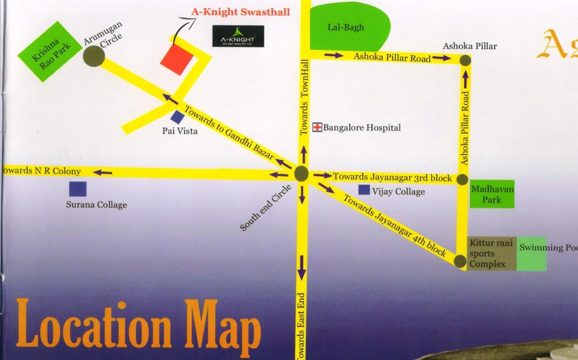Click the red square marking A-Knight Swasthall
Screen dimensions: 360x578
tap(177, 60)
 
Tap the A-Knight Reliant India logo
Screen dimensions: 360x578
tap(238, 36)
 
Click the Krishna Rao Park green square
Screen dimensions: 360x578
tap(50, 51)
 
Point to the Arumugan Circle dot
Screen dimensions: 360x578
tap(94, 56)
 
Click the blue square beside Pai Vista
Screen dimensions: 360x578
tap(177, 117)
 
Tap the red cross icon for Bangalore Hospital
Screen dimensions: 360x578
tap(317, 127)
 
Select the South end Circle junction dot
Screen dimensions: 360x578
tap(301, 174)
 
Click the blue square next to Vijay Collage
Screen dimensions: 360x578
tap(364, 190)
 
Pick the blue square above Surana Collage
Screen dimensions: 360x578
tap(78, 188)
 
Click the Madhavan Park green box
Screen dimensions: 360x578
tap(492, 194)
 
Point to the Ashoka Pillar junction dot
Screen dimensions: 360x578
tap(465, 60)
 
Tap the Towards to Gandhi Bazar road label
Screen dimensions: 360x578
tap(229, 134)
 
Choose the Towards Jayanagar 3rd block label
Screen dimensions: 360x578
tap(392, 178)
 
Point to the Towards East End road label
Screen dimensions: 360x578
tap(302, 326)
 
